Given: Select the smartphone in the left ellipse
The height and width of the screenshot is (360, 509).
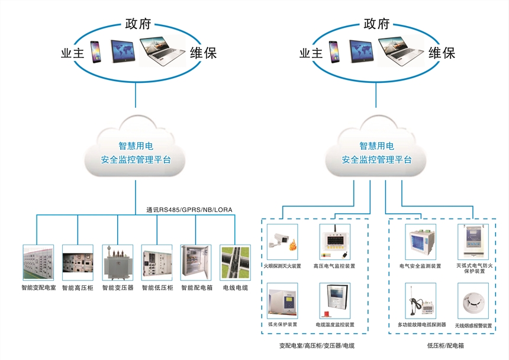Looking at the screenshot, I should pos(95,52).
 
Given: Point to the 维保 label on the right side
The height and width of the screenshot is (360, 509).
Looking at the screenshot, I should pos(442,53).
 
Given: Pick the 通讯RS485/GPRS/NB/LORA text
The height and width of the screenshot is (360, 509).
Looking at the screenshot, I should pos(190,210).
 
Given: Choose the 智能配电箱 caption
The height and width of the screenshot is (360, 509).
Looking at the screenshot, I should pos(195,288).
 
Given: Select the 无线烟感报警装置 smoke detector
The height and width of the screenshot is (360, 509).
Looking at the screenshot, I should pos(473,301).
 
